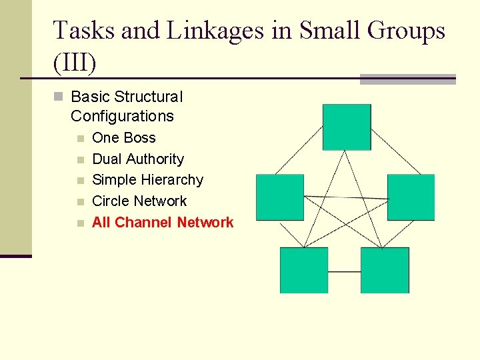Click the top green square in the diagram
(x=347, y=127)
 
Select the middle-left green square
(x=280, y=197)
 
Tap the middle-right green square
(x=411, y=197)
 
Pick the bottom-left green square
(x=304, y=270)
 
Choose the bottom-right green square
(x=385, y=270)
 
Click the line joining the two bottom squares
(x=344, y=271)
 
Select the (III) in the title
(x=75, y=63)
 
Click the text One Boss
(x=124, y=138)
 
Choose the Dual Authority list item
(x=138, y=159)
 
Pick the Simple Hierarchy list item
(x=147, y=180)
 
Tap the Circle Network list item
(x=139, y=201)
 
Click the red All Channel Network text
(x=163, y=223)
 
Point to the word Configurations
(x=122, y=116)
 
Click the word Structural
(x=147, y=97)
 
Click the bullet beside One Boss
(x=80, y=139)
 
